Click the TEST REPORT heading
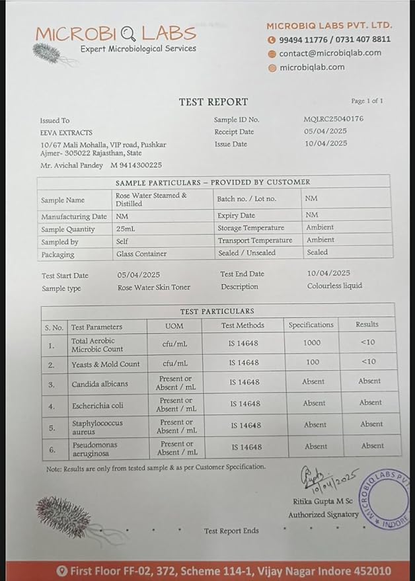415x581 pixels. click(x=213, y=102)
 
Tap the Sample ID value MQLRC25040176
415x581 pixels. click(x=333, y=119)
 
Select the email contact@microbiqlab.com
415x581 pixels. click(x=330, y=53)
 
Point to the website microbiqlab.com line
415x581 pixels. click(x=312, y=67)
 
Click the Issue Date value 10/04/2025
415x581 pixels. click(x=325, y=143)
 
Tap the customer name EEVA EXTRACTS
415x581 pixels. click(x=66, y=132)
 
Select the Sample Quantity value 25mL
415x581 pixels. click(x=126, y=229)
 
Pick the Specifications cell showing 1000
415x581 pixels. click(x=312, y=342)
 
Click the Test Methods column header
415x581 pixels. click(x=243, y=325)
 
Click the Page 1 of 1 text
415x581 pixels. click(x=367, y=101)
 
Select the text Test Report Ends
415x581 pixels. click(x=231, y=531)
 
